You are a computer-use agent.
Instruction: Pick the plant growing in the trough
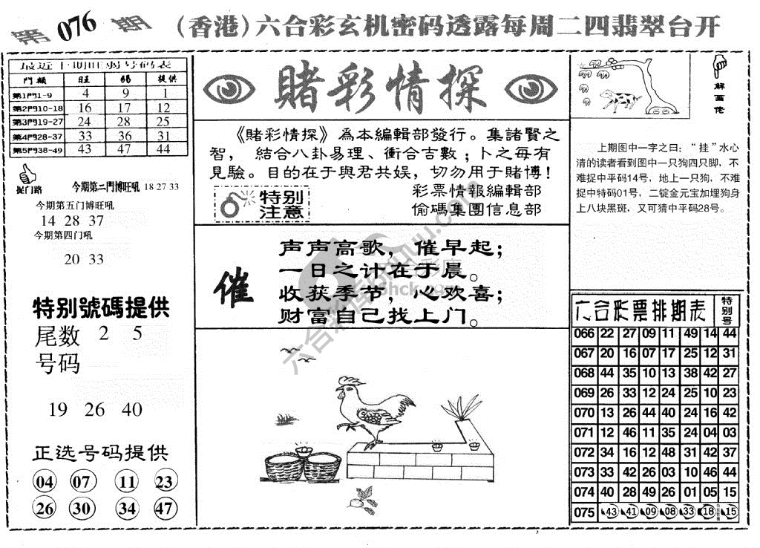coord(461,409)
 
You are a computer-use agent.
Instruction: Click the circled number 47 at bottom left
coord(165,509)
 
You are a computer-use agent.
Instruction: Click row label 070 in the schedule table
coord(584,413)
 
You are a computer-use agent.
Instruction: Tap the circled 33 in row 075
coord(687,511)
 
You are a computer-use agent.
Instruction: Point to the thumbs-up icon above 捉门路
coord(27,174)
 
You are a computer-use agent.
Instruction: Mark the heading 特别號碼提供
coord(101,307)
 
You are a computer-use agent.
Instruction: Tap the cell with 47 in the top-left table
coord(125,149)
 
